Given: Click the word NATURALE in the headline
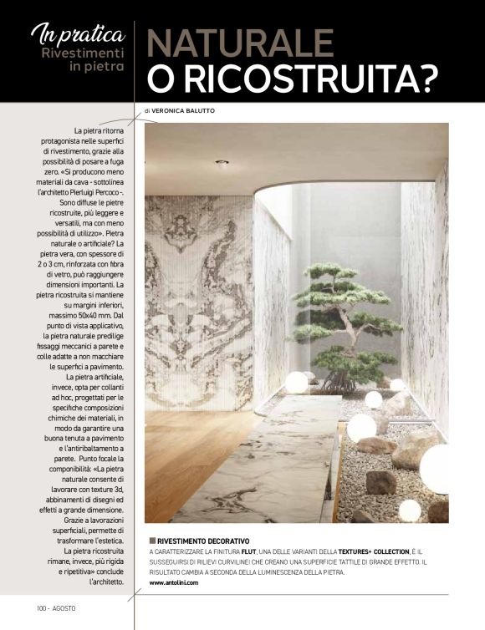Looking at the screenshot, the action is [x=241, y=43].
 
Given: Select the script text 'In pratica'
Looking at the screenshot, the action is [x=78, y=33].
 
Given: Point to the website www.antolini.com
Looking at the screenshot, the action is [x=174, y=582].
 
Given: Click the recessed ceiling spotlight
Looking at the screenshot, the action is [x=222, y=164].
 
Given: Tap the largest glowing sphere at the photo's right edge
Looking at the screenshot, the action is [x=436, y=468].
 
